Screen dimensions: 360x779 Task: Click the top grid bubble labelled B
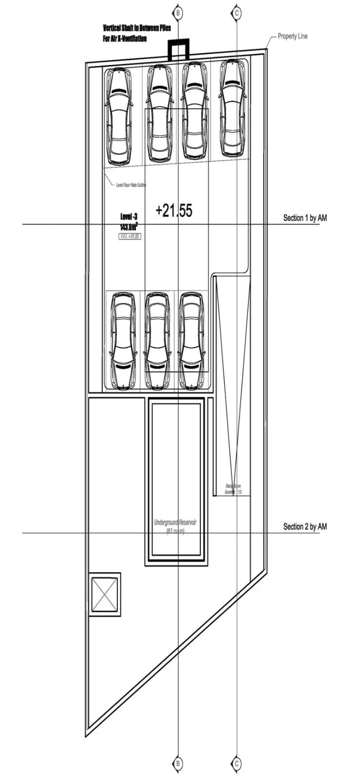click(x=178, y=13)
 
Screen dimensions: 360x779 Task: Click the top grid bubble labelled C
click(x=237, y=13)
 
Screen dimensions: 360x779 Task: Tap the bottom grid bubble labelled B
click(x=178, y=763)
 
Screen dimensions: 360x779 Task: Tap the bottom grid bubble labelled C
click(x=237, y=763)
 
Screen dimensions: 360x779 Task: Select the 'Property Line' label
click(x=292, y=36)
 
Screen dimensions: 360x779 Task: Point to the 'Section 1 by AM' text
click(x=305, y=218)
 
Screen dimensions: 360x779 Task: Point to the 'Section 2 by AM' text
click(x=305, y=526)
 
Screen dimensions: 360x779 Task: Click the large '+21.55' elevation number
click(x=174, y=210)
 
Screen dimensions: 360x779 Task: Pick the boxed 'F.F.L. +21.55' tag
click(x=130, y=236)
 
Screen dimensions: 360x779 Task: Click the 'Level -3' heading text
click(x=129, y=217)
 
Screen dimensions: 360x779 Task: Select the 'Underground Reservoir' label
click(x=175, y=522)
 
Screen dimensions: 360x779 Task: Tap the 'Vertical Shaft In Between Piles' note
click(x=136, y=28)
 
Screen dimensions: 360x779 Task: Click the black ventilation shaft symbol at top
click(x=178, y=49)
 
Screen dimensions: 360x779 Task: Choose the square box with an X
click(x=105, y=594)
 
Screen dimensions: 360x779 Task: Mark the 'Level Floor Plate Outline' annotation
click(x=131, y=185)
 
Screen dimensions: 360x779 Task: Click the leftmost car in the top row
click(x=119, y=116)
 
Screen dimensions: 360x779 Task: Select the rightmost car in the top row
click(x=232, y=108)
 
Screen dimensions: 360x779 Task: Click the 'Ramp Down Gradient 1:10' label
click(x=233, y=489)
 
